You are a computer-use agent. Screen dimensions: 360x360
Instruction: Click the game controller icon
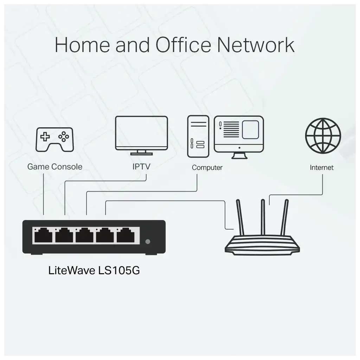(x=54, y=139)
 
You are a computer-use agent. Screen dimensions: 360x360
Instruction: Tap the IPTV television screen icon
(x=141, y=135)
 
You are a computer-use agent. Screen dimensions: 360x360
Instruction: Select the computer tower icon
(x=198, y=136)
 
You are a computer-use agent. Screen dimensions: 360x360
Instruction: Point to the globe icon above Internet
(x=323, y=136)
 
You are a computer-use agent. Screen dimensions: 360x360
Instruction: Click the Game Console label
(x=54, y=167)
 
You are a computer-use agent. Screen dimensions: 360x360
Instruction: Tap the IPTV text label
(x=141, y=166)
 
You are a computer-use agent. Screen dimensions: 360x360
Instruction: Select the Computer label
(x=207, y=168)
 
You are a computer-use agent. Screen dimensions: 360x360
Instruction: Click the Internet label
(x=322, y=168)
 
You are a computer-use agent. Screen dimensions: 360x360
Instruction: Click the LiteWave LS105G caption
(x=94, y=270)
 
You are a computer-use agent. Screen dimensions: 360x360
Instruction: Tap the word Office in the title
(x=183, y=45)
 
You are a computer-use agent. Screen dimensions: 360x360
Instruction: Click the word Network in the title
(x=256, y=45)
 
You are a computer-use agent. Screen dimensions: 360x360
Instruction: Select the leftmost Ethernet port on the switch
(x=43, y=235)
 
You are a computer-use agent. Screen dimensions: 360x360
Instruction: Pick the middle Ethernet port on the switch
(x=84, y=235)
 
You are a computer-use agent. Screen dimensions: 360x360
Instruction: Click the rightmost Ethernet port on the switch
(x=126, y=235)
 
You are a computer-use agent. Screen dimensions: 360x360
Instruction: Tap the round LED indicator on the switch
(x=148, y=242)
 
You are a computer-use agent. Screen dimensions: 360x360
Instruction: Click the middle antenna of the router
(x=263, y=217)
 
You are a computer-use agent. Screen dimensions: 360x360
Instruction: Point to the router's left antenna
(x=240, y=217)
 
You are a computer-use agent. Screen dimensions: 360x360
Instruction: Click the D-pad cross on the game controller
(x=45, y=137)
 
